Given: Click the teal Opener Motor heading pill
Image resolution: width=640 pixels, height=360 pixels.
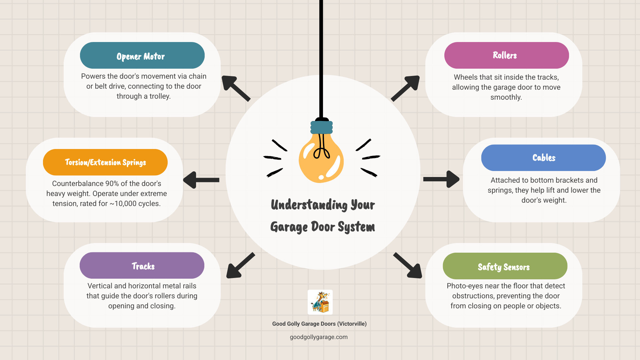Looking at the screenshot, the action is (142, 55).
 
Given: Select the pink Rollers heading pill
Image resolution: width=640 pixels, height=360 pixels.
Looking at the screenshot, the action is (506, 55).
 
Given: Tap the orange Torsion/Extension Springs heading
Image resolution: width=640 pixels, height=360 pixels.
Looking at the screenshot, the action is (105, 162).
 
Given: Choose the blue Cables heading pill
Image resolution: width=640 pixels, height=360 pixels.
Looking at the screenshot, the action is (543, 158).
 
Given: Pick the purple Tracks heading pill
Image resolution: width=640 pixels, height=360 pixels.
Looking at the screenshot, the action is (142, 266).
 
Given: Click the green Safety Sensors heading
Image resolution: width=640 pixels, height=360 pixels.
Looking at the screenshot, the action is (505, 266).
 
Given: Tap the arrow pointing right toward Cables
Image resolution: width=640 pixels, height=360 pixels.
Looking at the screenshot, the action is (441, 179).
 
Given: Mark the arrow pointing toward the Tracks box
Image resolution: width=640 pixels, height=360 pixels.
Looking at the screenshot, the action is (240, 265).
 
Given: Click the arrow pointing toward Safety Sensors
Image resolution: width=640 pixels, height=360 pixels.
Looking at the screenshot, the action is (408, 265).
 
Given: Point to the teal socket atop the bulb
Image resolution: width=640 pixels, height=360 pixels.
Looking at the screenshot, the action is (321, 127).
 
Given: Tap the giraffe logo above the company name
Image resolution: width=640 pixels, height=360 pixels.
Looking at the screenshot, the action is (320, 302).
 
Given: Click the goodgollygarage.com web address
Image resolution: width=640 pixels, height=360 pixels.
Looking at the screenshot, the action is (319, 337).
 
